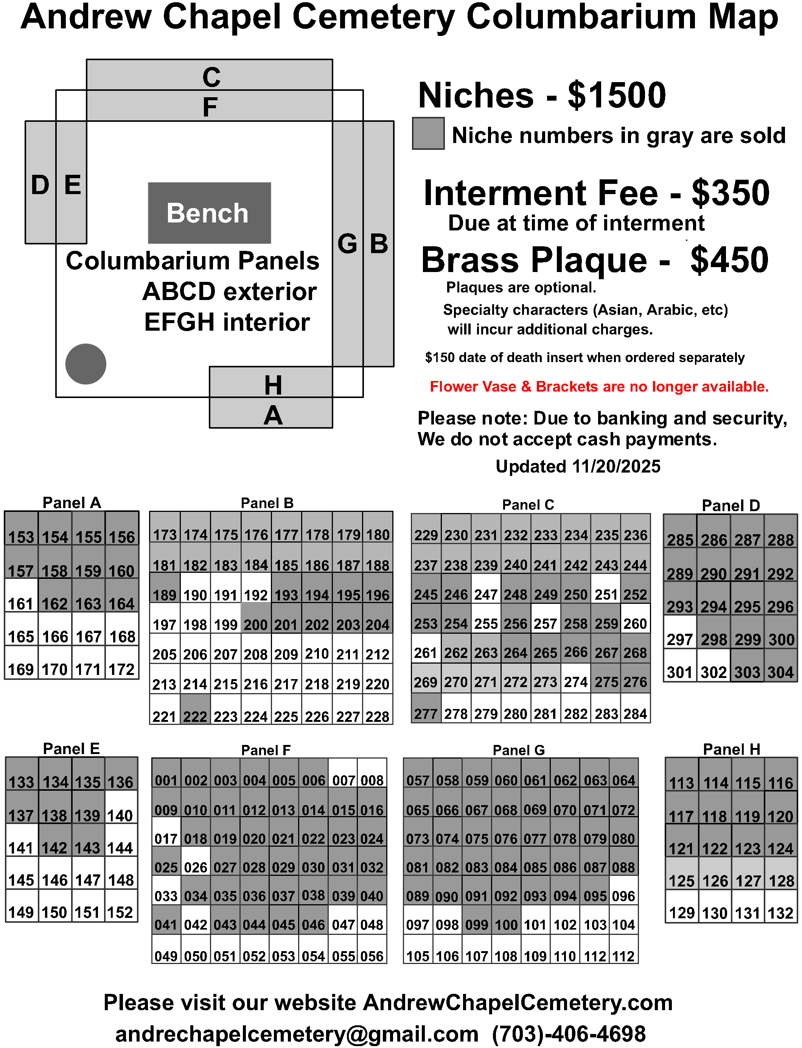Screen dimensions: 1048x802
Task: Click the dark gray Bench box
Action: point(209,213)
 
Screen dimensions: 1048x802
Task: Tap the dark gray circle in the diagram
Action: point(85,364)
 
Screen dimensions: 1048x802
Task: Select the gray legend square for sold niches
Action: point(428,134)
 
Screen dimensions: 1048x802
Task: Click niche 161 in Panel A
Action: point(21,597)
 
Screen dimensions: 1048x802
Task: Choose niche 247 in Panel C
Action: point(486,589)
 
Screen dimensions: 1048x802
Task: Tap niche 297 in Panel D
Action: point(680,633)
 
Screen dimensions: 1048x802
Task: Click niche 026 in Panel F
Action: point(196,861)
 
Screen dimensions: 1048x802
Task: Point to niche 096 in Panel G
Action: point(623,891)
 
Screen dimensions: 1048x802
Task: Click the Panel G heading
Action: point(518,750)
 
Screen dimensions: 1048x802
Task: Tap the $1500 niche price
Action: point(616,95)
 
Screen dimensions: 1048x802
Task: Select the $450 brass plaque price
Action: point(729,260)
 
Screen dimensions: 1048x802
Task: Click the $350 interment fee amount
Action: point(731,193)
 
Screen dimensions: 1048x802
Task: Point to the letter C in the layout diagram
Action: point(211,77)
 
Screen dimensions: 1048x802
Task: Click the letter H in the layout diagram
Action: point(273,385)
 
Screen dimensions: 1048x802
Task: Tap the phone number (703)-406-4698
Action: point(569,1034)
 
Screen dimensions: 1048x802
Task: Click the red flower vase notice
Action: point(599,386)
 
